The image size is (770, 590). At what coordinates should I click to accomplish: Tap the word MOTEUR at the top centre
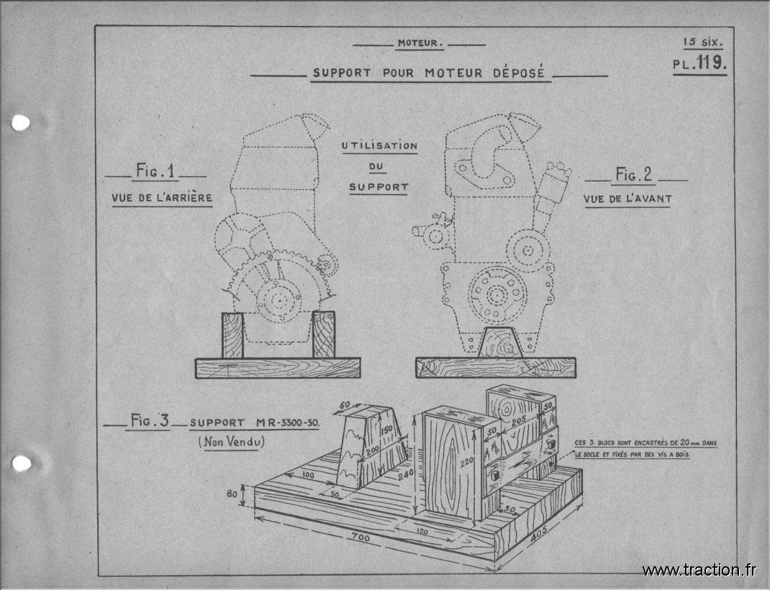pyautogui.click(x=418, y=43)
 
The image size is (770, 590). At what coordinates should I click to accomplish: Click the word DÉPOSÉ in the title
pyautogui.click(x=519, y=73)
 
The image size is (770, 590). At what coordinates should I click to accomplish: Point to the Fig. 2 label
pyautogui.click(x=633, y=174)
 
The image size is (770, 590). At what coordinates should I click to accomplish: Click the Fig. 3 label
pyautogui.click(x=150, y=420)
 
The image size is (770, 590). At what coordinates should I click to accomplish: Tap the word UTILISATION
pyautogui.click(x=379, y=146)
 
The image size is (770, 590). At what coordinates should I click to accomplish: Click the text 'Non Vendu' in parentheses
pyautogui.click(x=231, y=442)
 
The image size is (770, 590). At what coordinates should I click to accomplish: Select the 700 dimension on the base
pyautogui.click(x=361, y=537)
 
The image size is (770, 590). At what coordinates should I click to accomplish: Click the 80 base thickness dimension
pyautogui.click(x=232, y=494)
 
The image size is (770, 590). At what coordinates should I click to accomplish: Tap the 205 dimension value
pyautogui.click(x=519, y=421)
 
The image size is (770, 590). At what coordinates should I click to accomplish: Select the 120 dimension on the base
pyautogui.click(x=422, y=531)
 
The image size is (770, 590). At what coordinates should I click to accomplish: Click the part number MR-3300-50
pyautogui.click(x=287, y=422)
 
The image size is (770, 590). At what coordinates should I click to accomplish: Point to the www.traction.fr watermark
pyautogui.click(x=699, y=570)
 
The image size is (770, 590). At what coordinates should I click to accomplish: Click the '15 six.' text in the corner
pyautogui.click(x=703, y=42)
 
